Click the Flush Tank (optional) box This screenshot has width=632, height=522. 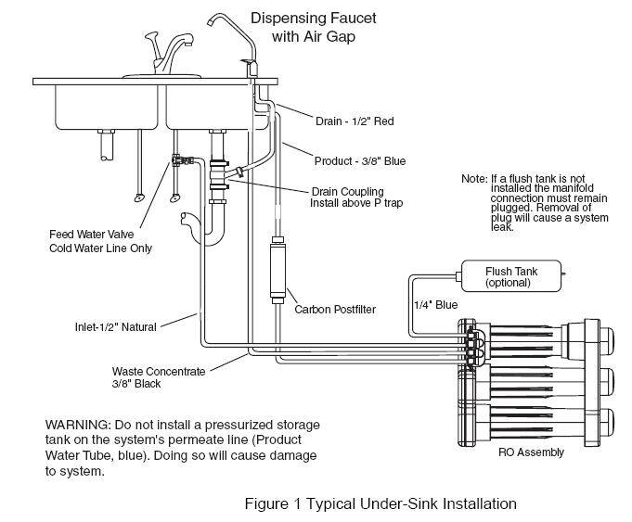click(x=511, y=276)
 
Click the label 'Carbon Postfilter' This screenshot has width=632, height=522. click(x=335, y=309)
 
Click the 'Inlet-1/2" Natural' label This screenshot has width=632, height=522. click(x=115, y=326)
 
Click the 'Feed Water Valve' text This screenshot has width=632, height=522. click(x=89, y=234)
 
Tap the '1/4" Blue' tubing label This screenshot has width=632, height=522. click(x=434, y=303)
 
